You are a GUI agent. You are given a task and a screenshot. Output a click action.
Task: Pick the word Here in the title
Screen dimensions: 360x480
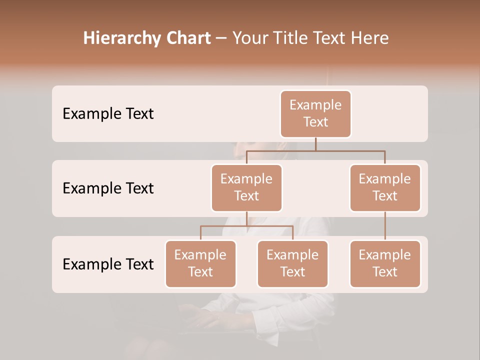370,38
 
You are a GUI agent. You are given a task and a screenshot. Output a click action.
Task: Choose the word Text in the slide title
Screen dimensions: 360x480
332,38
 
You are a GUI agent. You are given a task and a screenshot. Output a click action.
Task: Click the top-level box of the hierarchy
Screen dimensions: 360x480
315,113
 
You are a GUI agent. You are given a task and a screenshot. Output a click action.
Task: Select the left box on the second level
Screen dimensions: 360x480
246,187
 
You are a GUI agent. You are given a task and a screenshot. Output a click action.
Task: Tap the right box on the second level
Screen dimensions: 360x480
385,187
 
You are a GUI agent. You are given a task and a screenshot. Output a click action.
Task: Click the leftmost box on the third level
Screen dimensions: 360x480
200,263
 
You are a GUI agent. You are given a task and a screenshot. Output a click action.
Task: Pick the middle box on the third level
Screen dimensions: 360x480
292,263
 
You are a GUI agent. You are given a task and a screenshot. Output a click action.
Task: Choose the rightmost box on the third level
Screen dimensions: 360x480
385,263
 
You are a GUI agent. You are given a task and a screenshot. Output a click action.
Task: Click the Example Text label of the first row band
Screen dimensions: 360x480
108,113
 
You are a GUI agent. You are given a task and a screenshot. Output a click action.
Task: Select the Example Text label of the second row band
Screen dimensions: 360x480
108,188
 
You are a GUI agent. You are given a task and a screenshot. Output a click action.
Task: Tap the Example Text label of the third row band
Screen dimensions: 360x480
108,264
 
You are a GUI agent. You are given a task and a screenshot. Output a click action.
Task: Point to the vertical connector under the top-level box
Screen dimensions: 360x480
315,144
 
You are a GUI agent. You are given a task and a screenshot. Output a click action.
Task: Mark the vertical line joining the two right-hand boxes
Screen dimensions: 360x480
385,226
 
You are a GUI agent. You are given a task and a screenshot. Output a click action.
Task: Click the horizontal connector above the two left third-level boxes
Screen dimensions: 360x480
246,226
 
